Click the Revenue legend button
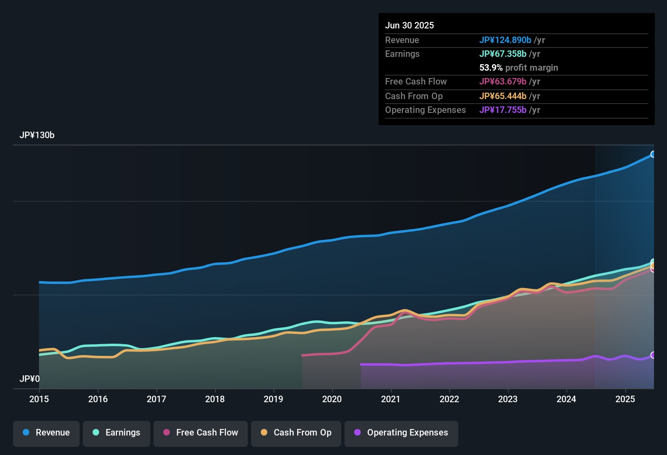click(x=46, y=433)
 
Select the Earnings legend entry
click(x=117, y=433)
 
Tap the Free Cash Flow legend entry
click(x=201, y=433)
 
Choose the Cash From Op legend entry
click(x=296, y=433)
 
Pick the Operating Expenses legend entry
click(x=401, y=433)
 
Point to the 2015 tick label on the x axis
click(x=39, y=399)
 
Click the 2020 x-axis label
click(x=332, y=399)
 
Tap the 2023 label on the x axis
click(x=508, y=399)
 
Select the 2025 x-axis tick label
click(x=625, y=399)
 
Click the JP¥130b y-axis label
click(x=37, y=135)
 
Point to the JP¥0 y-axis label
click(x=30, y=379)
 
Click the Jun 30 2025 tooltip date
click(x=409, y=25)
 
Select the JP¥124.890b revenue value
click(x=505, y=40)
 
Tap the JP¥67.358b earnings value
click(x=503, y=54)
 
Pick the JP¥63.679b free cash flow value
click(x=503, y=81)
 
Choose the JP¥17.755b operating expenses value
click(x=503, y=110)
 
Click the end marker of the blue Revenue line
click(x=653, y=154)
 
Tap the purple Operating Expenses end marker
click(x=653, y=355)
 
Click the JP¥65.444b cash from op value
click(x=503, y=96)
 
